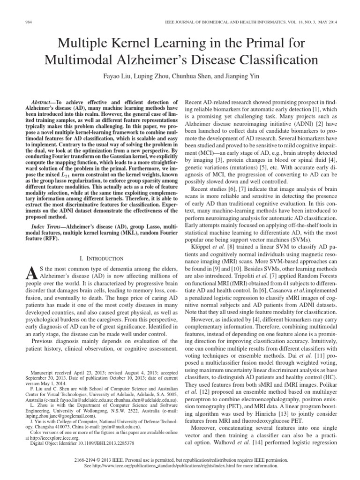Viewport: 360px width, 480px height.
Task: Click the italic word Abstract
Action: (x=41, y=101)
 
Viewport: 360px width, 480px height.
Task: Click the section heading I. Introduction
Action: (x=102, y=258)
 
